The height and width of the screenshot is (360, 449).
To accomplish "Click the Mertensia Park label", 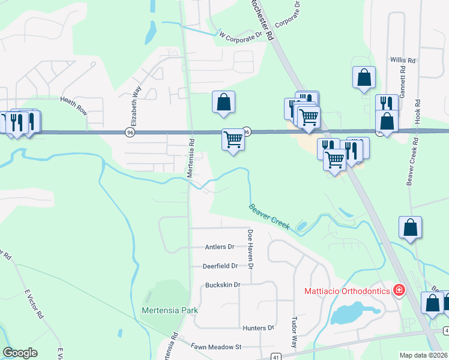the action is (x=170, y=310).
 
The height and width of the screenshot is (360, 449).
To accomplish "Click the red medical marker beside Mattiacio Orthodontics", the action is (x=398, y=291).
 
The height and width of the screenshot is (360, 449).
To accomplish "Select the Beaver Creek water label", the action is (x=270, y=217).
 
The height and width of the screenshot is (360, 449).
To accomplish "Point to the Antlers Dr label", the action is (x=219, y=247).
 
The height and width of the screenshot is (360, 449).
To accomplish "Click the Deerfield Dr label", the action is (x=220, y=266).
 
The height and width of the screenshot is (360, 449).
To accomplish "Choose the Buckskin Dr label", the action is (x=222, y=284).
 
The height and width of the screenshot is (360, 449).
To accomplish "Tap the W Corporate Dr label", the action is (x=241, y=35).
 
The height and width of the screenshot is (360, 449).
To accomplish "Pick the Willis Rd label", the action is (x=403, y=61).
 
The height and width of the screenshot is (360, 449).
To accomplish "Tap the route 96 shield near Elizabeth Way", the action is (x=130, y=131).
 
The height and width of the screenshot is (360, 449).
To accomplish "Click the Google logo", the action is (x=20, y=353).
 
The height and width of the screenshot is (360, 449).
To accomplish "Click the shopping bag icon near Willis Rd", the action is (x=364, y=78).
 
